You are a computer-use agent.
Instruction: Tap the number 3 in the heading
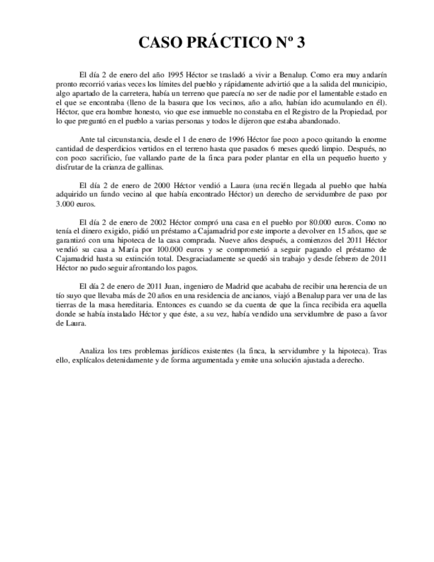coord(301,43)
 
